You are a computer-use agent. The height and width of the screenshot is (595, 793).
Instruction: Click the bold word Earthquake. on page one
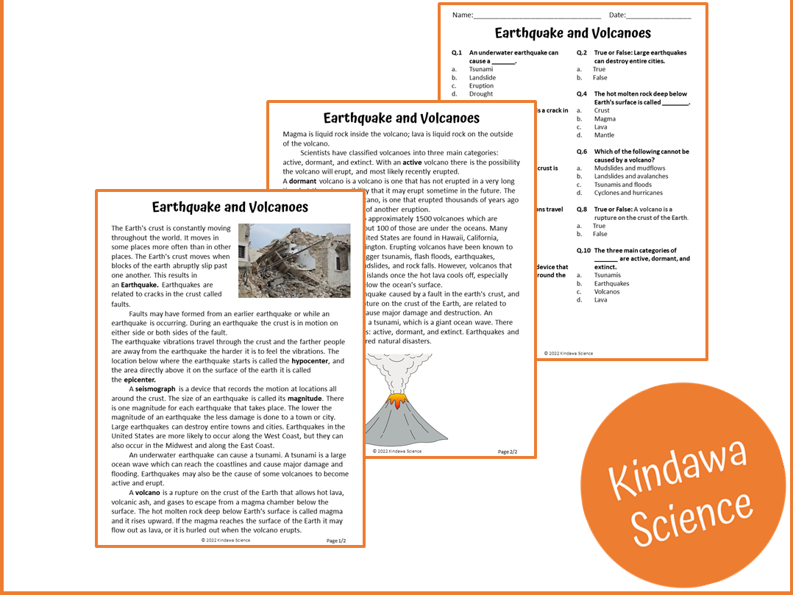(x=139, y=285)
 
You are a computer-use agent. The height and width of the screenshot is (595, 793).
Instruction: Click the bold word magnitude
(x=305, y=399)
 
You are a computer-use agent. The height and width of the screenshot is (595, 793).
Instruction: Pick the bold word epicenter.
(x=140, y=380)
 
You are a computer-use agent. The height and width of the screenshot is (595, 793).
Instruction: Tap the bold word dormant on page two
(x=302, y=181)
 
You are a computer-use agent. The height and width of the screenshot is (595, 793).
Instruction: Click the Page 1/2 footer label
(x=335, y=541)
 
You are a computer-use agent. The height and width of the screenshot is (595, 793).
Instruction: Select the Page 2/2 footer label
(x=508, y=452)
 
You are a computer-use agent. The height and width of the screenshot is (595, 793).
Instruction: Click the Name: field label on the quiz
(x=462, y=15)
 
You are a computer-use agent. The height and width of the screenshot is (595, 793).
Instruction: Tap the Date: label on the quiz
(x=617, y=15)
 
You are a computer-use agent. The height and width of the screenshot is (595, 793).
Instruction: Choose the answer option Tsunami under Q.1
(x=481, y=69)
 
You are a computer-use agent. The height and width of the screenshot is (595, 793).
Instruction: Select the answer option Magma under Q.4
(x=605, y=118)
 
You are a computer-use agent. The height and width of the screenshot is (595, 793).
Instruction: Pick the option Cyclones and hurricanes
(x=628, y=193)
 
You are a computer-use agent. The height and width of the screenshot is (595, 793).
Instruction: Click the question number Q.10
(x=583, y=251)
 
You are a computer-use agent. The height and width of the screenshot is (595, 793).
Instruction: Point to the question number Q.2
(x=582, y=53)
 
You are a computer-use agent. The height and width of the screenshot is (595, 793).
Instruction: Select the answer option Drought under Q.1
(x=481, y=94)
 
